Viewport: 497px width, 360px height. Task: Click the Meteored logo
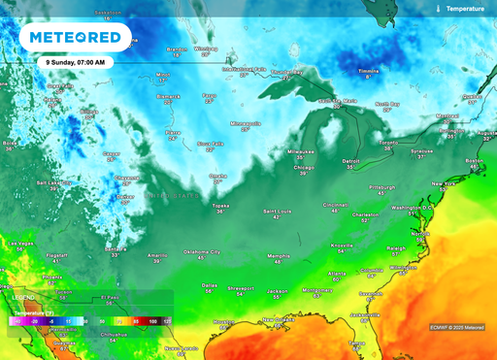76,38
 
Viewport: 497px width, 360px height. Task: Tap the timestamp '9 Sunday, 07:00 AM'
76,62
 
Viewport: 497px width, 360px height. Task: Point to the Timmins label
368,71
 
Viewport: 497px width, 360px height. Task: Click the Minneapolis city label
245,124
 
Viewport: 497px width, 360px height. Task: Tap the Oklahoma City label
202,251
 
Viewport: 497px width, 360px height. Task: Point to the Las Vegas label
21,243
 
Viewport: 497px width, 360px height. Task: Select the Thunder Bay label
286,72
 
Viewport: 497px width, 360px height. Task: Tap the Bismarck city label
170,96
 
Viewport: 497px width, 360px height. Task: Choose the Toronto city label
387,143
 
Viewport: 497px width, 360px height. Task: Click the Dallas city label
209,284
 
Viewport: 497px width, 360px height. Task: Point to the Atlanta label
336,274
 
